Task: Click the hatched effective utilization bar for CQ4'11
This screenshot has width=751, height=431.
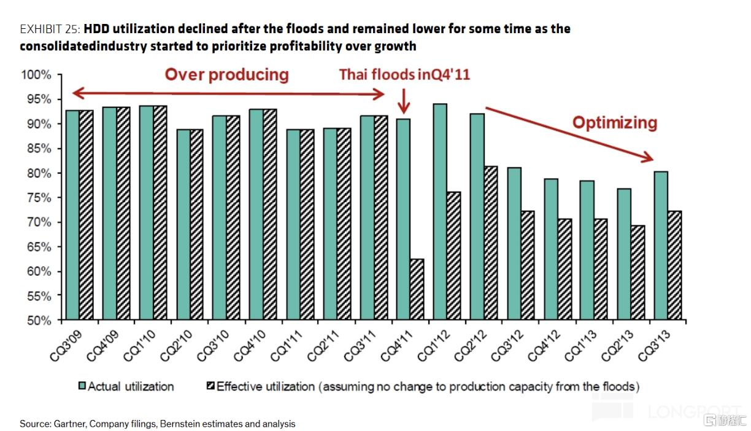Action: (x=417, y=289)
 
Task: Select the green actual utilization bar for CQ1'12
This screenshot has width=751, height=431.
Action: (x=440, y=212)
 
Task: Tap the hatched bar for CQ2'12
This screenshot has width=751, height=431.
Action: (x=491, y=243)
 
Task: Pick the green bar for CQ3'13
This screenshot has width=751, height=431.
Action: (x=661, y=246)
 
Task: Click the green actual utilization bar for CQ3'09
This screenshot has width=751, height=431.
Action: (x=72, y=215)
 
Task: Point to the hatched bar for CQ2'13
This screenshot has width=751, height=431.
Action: (x=637, y=273)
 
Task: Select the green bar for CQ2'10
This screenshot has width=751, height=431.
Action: (x=183, y=224)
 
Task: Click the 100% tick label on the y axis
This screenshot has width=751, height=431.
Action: (x=36, y=74)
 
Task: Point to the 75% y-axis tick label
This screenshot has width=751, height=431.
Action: (x=39, y=198)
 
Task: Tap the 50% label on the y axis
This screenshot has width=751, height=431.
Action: (x=39, y=320)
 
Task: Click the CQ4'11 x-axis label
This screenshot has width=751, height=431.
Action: (x=396, y=346)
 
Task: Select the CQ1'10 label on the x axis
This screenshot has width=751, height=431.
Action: (x=139, y=346)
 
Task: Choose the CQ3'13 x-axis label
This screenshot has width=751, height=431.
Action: (x=654, y=346)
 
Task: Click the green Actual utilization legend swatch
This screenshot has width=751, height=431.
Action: (x=82, y=386)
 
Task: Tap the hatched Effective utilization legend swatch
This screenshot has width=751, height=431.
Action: (x=210, y=386)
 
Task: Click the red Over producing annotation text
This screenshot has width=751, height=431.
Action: (x=226, y=75)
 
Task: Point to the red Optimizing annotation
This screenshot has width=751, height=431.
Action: (x=615, y=123)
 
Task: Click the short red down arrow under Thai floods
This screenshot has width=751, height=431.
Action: (x=404, y=101)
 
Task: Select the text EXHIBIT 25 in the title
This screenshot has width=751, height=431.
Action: (x=50, y=29)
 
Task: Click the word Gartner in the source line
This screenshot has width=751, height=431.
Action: (x=71, y=424)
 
